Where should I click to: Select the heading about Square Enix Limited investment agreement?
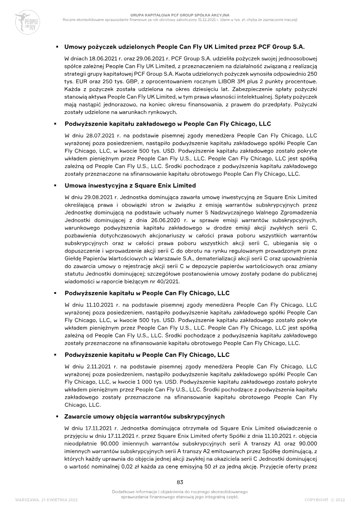[130, 185]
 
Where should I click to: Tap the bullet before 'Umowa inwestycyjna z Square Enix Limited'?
[56, 186]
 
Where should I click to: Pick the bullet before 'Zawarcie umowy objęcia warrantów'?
[56, 417]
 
